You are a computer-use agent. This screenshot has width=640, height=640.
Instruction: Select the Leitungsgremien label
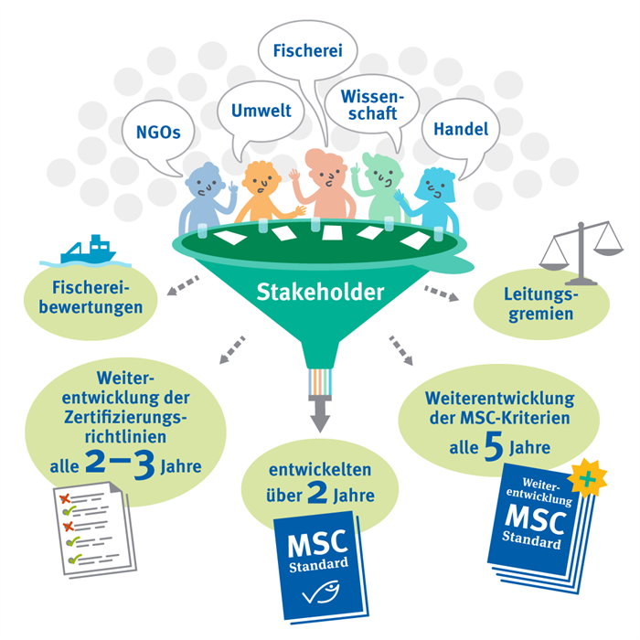coord(538,304)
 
